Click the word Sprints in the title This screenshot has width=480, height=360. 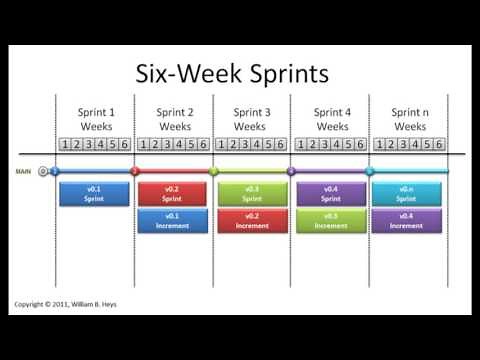286,74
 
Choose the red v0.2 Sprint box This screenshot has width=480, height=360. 172,193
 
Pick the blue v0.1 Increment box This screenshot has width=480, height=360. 172,220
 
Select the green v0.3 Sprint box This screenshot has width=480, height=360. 251,193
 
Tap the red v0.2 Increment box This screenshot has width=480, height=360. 251,220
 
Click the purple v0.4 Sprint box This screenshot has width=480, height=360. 330,193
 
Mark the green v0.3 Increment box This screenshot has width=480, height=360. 330,220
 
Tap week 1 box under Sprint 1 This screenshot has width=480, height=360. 65,144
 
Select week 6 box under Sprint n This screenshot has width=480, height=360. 438,144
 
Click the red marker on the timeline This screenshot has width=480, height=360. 135,172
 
